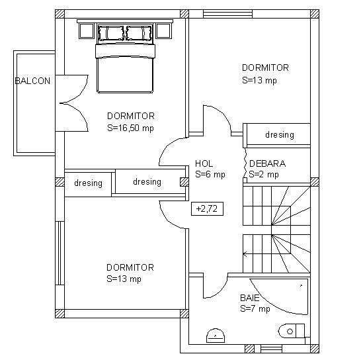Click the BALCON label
pyautogui.click(x=32, y=81)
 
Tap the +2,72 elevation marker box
pyautogui.click(x=207, y=208)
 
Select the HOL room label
pyautogui.click(x=204, y=163)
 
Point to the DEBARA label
pyautogui.click(x=267, y=163)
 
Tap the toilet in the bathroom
pyautogui.click(x=291, y=331)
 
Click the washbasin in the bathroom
pyautogui.click(x=216, y=336)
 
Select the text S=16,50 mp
pyautogui.click(x=130, y=128)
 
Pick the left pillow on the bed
pyautogui.click(x=111, y=33)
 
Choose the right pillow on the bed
pyautogui.click(x=139, y=33)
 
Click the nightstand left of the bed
pyautogui.click(x=87, y=31)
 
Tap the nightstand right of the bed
pyautogui.click(x=164, y=31)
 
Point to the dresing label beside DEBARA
pyautogui.click(x=280, y=134)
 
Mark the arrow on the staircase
pyautogui.click(x=245, y=254)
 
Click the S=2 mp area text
pyautogui.click(x=264, y=174)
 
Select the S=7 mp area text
pyautogui.click(x=255, y=309)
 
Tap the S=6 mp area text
pyautogui.click(x=210, y=174)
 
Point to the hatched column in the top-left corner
pyautogui.click(x=60, y=14)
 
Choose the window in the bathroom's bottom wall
pyautogui.click(x=271, y=349)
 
